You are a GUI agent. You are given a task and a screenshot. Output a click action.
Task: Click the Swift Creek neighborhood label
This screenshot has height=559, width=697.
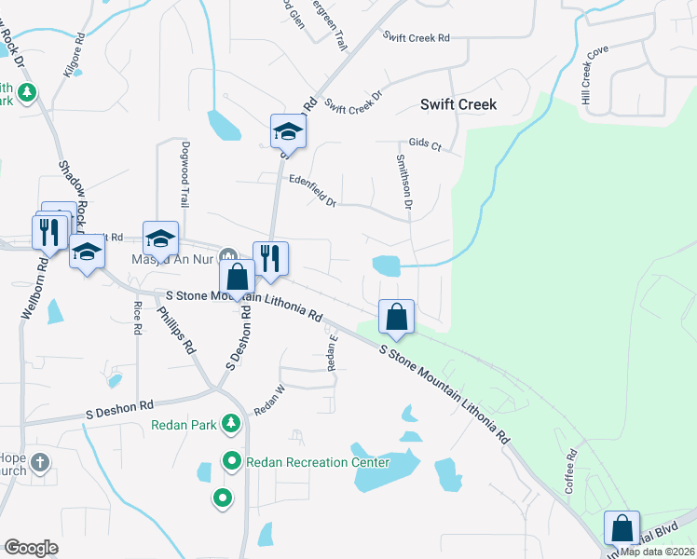click(x=458, y=104)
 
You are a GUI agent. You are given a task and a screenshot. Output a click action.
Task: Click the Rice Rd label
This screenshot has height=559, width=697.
click(x=138, y=318)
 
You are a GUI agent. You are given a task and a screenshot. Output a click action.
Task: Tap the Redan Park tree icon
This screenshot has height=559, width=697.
click(x=230, y=425)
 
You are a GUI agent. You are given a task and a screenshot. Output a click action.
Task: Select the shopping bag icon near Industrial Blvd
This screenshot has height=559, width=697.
click(x=622, y=528)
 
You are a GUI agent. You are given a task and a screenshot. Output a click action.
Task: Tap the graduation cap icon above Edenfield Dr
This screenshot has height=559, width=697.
click(x=288, y=131)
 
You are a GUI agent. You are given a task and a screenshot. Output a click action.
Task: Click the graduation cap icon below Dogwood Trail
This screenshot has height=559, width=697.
click(x=160, y=239)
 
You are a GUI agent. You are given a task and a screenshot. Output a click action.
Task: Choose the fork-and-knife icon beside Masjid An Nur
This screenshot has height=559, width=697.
click(x=270, y=258)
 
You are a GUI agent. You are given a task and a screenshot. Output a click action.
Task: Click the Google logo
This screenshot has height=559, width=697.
click(x=30, y=547)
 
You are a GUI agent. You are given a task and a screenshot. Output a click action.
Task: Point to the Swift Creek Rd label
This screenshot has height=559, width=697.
click(x=417, y=37)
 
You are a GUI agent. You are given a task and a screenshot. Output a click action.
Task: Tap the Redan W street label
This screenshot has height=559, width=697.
click(x=268, y=399)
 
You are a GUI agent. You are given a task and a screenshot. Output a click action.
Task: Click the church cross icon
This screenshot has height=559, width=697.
click(x=39, y=462)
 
